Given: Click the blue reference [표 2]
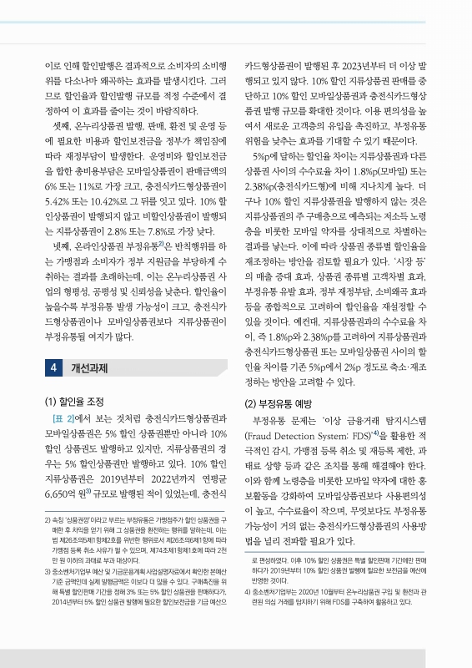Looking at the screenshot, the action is [x=64, y=419].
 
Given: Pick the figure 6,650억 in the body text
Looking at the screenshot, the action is [x=63, y=495].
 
